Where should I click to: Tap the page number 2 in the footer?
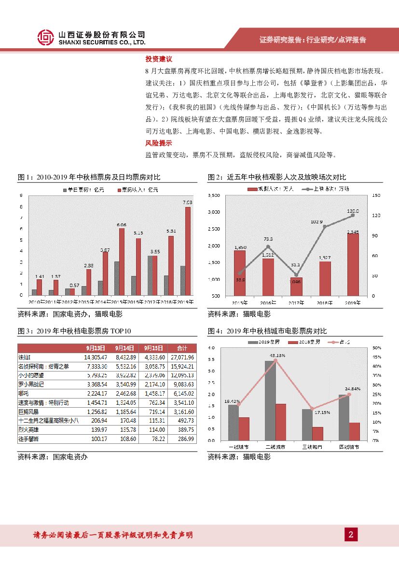click(351, 534)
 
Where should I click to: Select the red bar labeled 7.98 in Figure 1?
click(188, 251)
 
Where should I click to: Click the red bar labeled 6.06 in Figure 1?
click(122, 261)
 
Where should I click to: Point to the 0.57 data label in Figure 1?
click(74, 285)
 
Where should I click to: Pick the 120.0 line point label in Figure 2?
click(353, 211)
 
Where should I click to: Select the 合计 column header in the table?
click(182, 348)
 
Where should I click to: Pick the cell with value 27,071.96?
click(183, 357)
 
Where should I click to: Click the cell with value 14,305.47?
click(95, 357)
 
